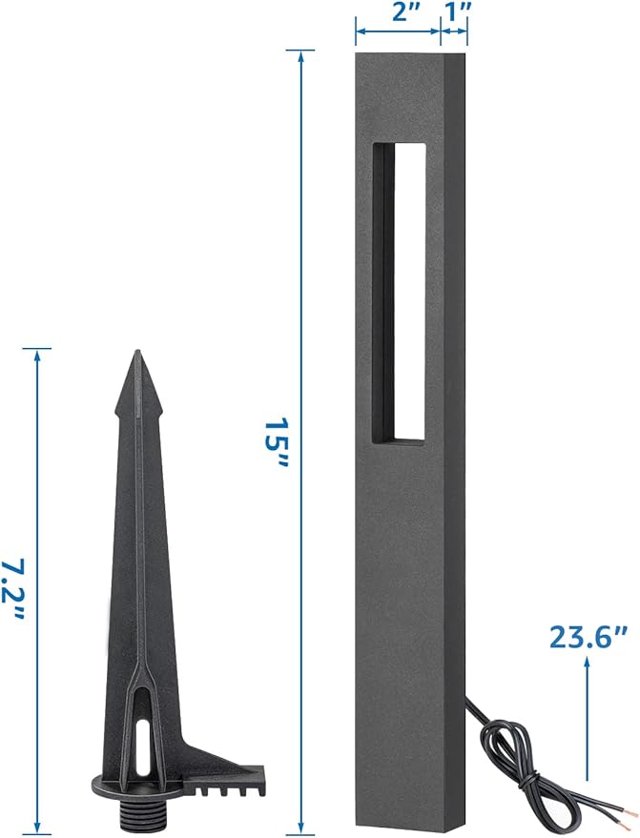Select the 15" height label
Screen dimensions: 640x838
tap(277, 442)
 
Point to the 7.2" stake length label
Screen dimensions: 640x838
tap(12, 589)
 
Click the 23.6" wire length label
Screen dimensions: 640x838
tap(588, 637)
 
